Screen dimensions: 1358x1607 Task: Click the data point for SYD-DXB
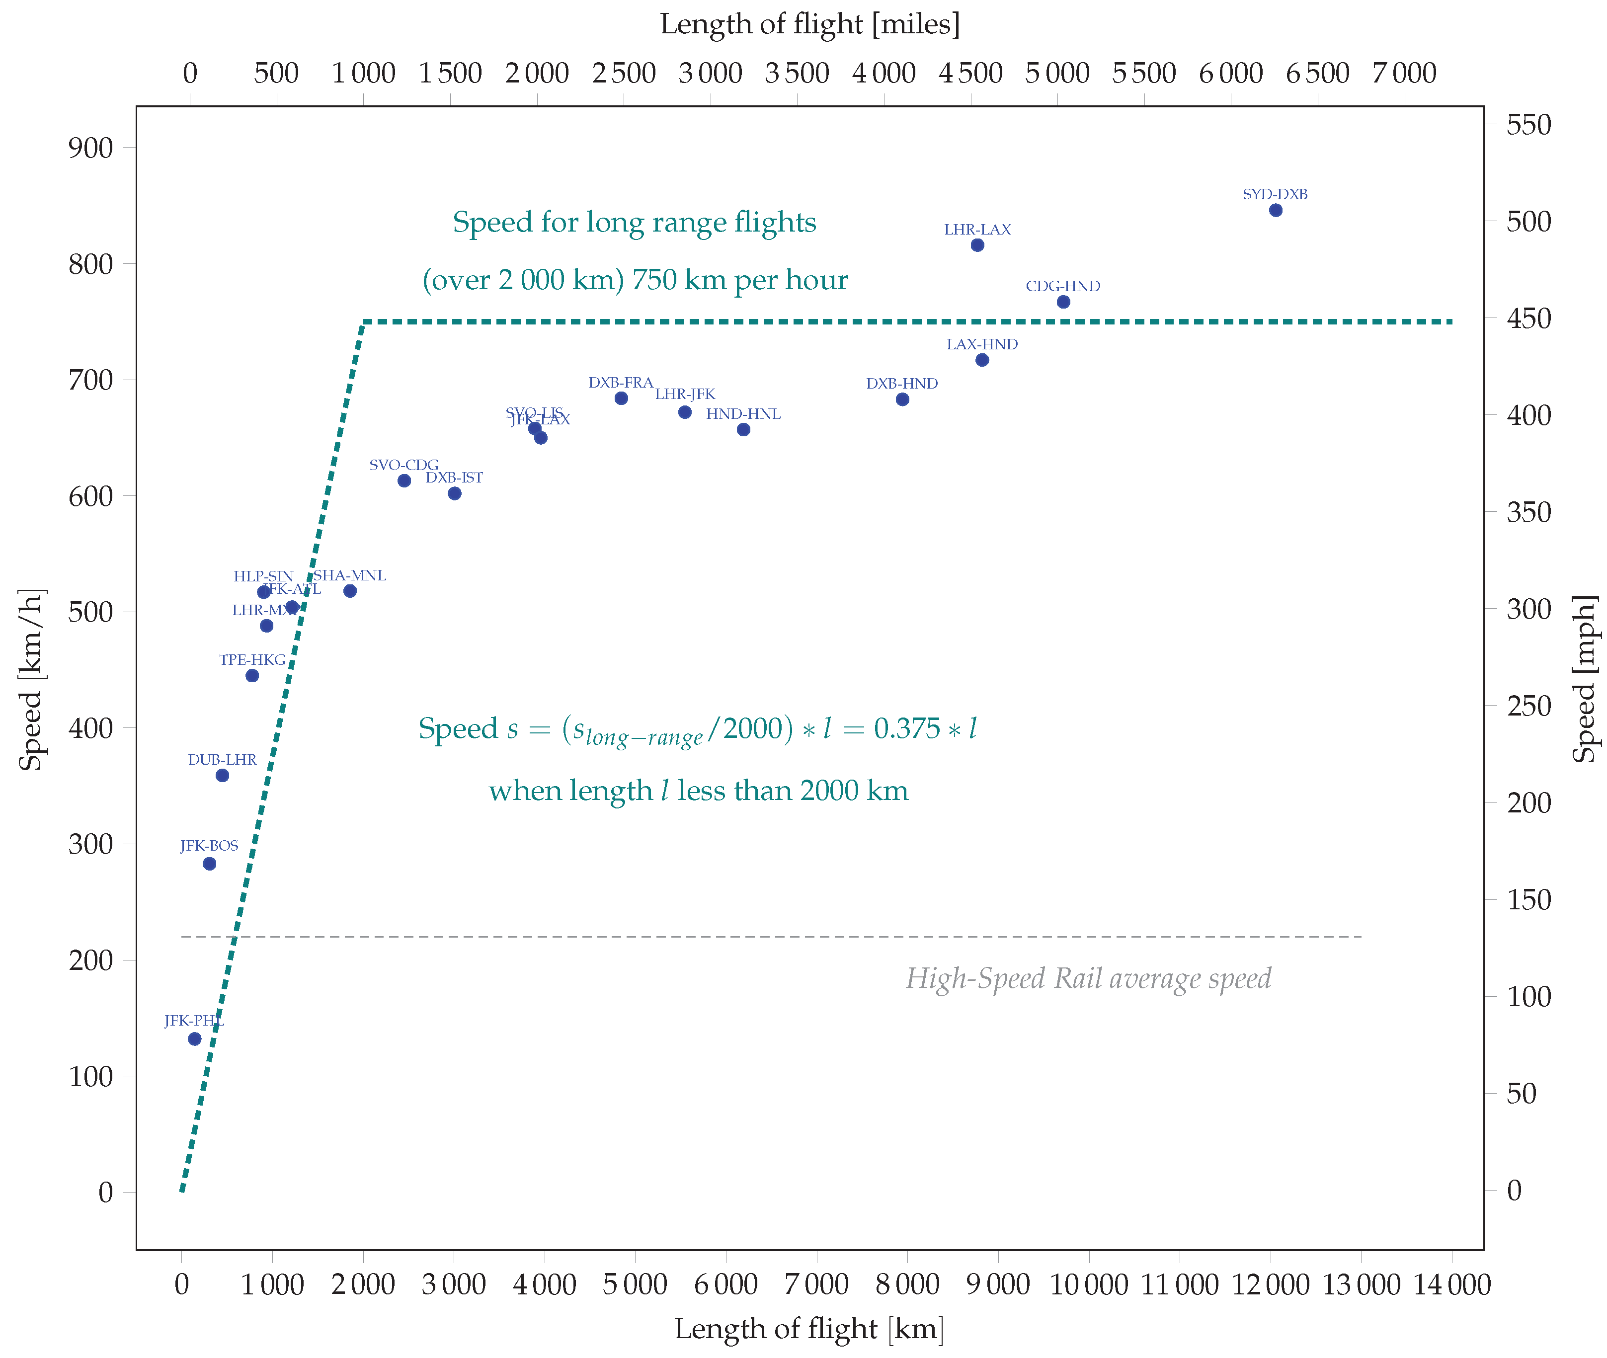click(x=1275, y=210)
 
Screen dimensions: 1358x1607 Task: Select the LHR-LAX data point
click(x=977, y=245)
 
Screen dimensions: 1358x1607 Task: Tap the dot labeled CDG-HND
click(x=1063, y=302)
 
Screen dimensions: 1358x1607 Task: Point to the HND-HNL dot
click(x=743, y=430)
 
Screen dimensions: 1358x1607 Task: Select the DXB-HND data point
click(x=902, y=399)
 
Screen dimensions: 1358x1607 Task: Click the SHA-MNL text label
click(x=350, y=575)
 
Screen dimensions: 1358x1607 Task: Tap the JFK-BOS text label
click(x=209, y=845)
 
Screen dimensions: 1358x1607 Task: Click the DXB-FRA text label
click(x=621, y=383)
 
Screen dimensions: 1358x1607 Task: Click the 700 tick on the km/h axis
click(x=91, y=380)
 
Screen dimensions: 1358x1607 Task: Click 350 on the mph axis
click(x=1528, y=512)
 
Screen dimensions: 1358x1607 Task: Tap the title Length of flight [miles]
click(x=810, y=24)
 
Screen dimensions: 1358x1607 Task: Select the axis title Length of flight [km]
click(x=809, y=1329)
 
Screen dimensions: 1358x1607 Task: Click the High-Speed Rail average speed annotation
click(x=1088, y=978)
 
